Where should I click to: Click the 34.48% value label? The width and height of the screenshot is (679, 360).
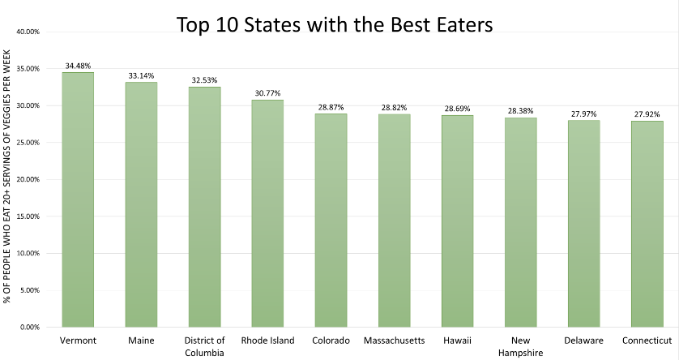(x=78, y=66)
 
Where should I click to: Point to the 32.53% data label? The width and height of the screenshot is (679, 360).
(x=204, y=80)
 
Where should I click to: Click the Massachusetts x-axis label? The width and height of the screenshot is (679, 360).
(x=394, y=341)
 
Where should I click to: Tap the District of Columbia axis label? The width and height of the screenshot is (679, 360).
(x=204, y=346)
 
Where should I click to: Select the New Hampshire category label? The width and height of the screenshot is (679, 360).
(x=520, y=346)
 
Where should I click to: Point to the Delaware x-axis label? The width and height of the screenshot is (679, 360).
(x=583, y=341)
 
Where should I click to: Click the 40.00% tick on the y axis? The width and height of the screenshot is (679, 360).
(x=28, y=32)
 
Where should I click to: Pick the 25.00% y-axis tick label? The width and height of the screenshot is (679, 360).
(x=28, y=143)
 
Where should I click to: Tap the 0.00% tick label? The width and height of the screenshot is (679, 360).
(x=30, y=327)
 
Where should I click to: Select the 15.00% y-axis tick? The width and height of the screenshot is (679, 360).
(x=28, y=216)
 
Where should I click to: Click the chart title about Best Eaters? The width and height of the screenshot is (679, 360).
(x=335, y=25)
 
